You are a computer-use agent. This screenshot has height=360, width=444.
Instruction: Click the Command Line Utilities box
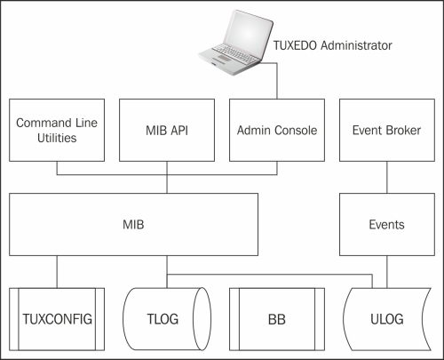click(x=57, y=130)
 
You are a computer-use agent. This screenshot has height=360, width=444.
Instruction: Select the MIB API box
click(x=167, y=130)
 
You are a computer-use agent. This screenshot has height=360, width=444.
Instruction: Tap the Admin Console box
click(x=277, y=130)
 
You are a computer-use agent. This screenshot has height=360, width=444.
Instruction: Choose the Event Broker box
click(x=387, y=130)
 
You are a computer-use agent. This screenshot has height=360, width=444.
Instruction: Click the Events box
click(x=387, y=224)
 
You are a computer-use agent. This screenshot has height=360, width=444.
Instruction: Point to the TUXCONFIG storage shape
click(x=57, y=319)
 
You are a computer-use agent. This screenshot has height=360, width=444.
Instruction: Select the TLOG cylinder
click(x=167, y=319)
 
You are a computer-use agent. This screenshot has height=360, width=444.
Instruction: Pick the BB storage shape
click(x=277, y=319)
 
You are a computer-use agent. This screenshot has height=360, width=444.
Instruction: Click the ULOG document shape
click(x=387, y=319)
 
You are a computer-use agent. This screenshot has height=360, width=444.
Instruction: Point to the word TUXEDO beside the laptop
click(x=295, y=45)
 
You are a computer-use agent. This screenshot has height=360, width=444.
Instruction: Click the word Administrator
click(x=356, y=45)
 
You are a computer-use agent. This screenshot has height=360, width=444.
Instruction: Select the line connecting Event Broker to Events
click(x=387, y=178)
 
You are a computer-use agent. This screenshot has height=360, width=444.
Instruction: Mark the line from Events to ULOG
click(x=387, y=272)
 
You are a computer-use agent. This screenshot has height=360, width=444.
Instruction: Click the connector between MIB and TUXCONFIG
click(x=57, y=272)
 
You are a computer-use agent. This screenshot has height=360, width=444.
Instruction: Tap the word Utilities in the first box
click(x=57, y=138)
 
